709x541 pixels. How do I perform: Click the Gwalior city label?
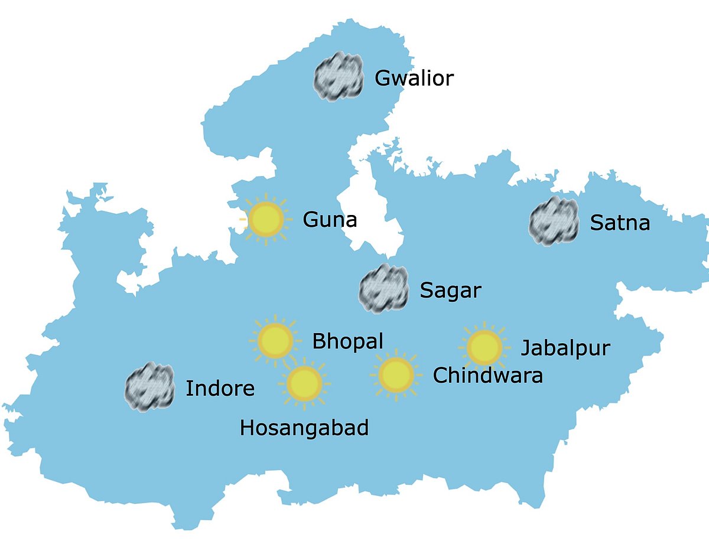(x=414, y=78)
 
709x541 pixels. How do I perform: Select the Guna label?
(x=330, y=220)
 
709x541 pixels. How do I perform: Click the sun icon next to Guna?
(x=266, y=219)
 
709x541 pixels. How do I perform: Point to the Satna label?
(x=620, y=223)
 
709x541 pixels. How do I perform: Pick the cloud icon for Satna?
(x=553, y=222)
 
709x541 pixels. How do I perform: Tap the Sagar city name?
(x=450, y=291)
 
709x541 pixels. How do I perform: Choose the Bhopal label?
(x=347, y=341)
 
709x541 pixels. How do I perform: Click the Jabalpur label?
(x=565, y=348)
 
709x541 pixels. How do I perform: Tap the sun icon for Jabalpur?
(x=484, y=348)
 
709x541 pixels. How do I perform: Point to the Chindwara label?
(x=488, y=375)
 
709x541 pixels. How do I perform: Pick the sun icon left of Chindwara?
(x=395, y=374)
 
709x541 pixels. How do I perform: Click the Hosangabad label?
(x=304, y=428)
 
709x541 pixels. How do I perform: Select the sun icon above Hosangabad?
(x=304, y=384)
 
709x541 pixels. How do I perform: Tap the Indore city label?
(x=220, y=388)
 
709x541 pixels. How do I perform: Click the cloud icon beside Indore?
(x=149, y=387)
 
